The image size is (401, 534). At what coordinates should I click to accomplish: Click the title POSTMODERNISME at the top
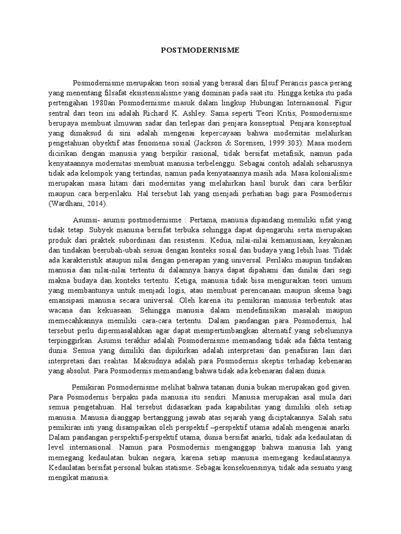pyautogui.click(x=200, y=51)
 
